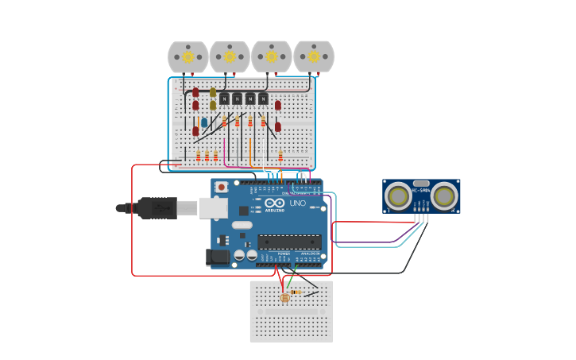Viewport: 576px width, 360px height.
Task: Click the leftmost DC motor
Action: (187, 57)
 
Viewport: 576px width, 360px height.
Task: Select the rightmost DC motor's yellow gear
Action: (314, 56)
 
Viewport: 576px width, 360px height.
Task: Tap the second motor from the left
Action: (230, 57)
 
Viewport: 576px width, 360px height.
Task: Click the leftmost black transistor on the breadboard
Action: (224, 99)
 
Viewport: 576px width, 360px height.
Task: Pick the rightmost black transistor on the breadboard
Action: (263, 99)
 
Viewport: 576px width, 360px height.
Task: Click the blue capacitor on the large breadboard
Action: (204, 122)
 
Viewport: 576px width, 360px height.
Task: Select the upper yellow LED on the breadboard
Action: (213, 92)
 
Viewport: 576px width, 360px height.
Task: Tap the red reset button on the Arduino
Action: (222, 187)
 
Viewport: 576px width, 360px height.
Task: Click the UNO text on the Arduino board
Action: (297, 203)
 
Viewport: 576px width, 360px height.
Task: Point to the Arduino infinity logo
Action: (274, 203)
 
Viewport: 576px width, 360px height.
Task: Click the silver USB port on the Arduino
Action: (212, 208)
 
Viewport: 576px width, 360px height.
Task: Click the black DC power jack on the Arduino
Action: (217, 257)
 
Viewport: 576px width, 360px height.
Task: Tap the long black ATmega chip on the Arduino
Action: (288, 242)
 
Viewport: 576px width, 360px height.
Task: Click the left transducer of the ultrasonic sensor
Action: (398, 195)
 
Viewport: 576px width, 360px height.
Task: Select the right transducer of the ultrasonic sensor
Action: (444, 195)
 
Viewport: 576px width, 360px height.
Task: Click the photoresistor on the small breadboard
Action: (285, 298)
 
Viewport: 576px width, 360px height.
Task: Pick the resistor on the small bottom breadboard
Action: (296, 292)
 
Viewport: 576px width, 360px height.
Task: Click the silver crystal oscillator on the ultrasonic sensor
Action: (421, 184)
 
